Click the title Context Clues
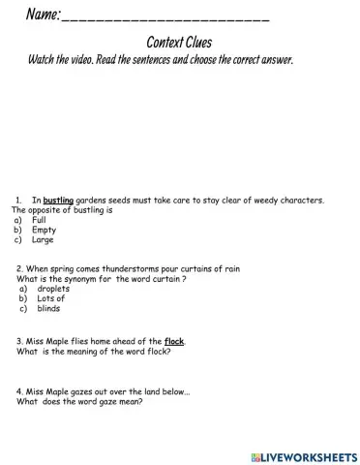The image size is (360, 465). (179, 43)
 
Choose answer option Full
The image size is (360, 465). (39, 220)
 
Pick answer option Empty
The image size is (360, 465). (44, 231)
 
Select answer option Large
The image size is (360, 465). (43, 240)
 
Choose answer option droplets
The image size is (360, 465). (53, 289)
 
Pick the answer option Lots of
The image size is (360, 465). (50, 299)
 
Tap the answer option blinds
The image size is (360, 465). (48, 309)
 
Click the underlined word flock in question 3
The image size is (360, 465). (174, 341)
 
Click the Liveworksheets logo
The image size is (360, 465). (302, 455)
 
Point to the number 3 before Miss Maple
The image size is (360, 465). (19, 341)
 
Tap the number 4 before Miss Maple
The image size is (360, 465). (19, 392)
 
